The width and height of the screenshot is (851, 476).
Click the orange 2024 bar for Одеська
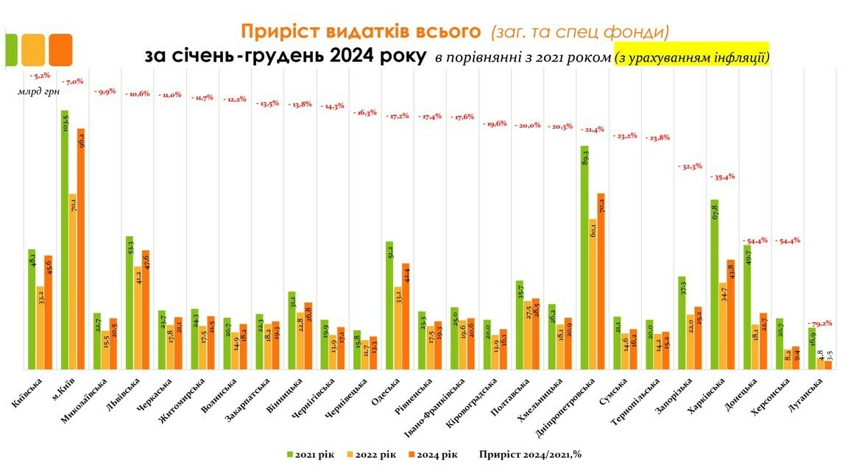tap(406, 316)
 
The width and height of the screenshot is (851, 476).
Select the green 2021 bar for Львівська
tap(130, 302)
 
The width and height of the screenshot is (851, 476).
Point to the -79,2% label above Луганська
tap(819, 324)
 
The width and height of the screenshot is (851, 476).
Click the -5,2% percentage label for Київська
tap(39, 76)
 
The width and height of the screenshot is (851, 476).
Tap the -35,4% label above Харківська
tap(722, 177)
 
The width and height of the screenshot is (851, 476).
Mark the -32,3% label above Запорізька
tap(690, 166)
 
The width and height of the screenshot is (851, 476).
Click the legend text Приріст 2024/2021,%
tap(530, 454)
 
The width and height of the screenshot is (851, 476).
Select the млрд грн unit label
tap(39, 92)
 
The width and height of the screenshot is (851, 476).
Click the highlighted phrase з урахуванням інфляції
tap(692, 57)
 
